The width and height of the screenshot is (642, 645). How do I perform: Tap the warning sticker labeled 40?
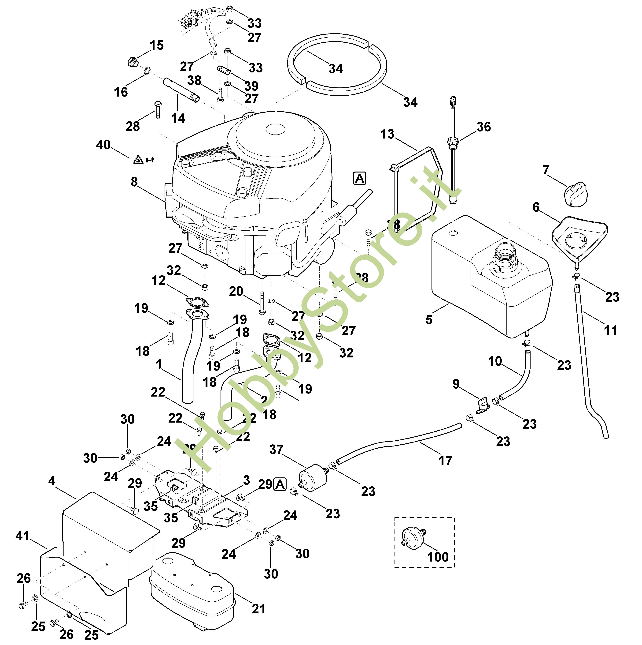point(144,159)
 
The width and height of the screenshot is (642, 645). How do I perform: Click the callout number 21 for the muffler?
point(259,609)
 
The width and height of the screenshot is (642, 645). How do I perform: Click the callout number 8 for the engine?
point(134,182)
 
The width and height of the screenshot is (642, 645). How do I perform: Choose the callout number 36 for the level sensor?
point(483,127)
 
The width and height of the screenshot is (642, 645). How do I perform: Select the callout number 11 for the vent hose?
point(611,330)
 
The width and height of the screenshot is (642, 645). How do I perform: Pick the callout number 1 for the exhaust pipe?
point(159,364)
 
